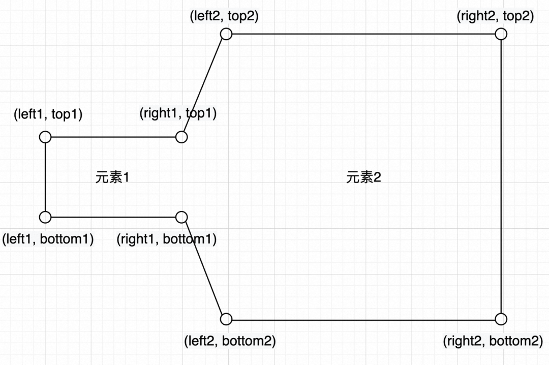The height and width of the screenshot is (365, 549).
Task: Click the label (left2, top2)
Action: point(224,16)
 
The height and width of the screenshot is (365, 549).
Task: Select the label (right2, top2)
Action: point(495,16)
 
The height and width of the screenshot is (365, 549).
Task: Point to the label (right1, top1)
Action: point(178,113)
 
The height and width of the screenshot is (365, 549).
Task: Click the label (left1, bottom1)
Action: point(48,238)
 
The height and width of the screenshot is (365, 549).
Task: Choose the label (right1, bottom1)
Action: point(166,238)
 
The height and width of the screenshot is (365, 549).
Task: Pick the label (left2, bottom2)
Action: point(230,341)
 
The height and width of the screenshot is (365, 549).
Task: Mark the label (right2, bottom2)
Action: point(493,341)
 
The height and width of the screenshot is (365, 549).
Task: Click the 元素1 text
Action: point(113,178)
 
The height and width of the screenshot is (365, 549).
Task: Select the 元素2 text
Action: point(363,178)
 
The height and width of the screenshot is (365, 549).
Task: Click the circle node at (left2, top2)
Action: point(226,34)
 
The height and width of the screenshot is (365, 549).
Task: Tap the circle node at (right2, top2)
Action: point(501,34)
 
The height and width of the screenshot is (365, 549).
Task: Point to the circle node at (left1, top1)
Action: point(45,137)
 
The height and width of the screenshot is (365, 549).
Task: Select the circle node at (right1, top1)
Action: point(181,137)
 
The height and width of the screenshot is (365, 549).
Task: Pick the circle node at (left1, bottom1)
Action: point(45,217)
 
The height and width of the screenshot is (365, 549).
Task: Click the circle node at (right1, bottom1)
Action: point(181,217)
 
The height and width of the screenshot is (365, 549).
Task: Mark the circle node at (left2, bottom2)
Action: point(226,319)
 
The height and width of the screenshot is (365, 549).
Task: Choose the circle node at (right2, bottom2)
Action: point(501,319)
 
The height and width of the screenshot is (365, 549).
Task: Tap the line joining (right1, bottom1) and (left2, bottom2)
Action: point(204,268)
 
